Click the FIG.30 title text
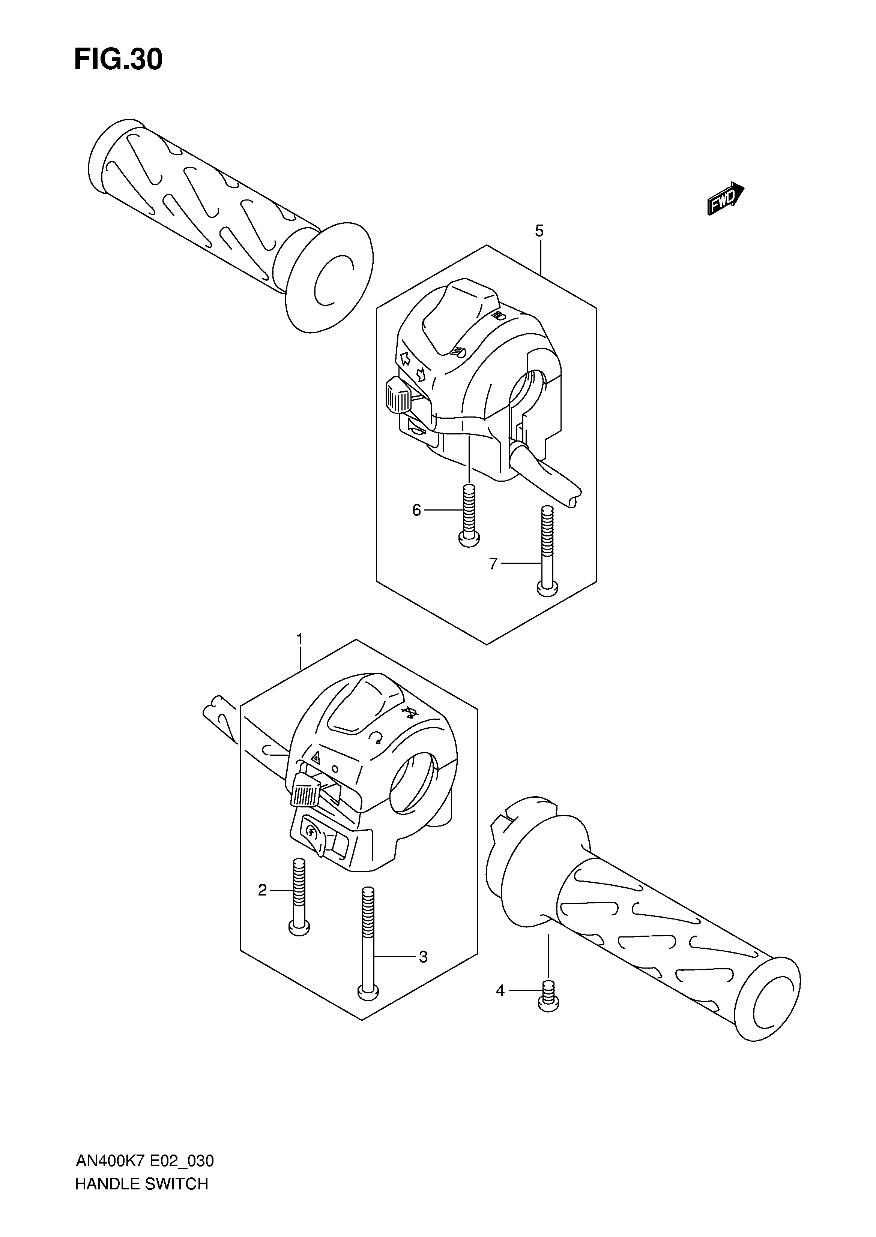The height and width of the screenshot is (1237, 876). [x=118, y=60]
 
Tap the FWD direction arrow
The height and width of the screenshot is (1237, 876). [x=726, y=198]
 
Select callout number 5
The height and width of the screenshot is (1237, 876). [x=539, y=231]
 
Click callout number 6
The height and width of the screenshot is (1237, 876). [x=416, y=510]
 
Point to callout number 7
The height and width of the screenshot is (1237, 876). [x=493, y=564]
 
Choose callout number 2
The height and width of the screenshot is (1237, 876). [x=263, y=890]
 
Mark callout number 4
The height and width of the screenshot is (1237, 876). [x=500, y=991]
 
